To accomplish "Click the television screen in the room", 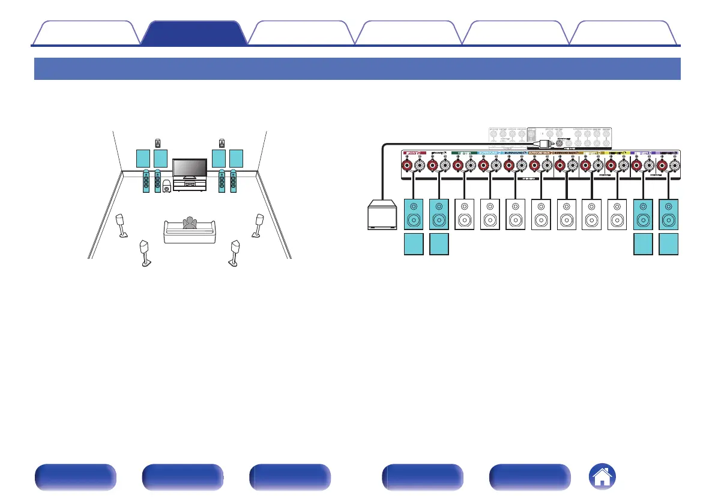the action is coord(189,168).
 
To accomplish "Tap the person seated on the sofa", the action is coord(190,222).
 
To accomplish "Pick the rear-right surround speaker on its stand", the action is coord(235,252).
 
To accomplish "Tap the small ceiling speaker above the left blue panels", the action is coord(158,142).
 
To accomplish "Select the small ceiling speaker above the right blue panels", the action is coord(222,142).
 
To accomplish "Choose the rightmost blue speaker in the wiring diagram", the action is coord(669,214).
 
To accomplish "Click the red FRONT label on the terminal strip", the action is coord(414,153).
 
